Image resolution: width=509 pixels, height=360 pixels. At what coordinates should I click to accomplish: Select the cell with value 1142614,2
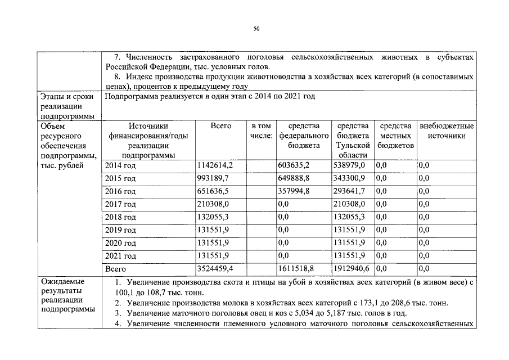tap(214, 165)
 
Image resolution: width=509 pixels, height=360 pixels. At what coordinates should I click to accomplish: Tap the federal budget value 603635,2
tap(294, 165)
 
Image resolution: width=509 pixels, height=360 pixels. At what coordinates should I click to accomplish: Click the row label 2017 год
tap(120, 204)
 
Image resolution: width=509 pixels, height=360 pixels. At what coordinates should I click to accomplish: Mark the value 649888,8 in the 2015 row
tap(294, 178)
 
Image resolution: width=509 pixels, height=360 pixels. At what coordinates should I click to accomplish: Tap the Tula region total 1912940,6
tap(352, 269)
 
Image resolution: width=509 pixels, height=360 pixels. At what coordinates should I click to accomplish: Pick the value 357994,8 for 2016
tap(294, 191)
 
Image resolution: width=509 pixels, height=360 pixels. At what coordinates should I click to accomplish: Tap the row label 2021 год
tap(120, 256)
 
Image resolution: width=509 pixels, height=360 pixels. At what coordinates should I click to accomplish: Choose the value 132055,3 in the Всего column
tap(213, 217)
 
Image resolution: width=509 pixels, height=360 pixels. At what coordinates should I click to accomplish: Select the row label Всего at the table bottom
tap(116, 269)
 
